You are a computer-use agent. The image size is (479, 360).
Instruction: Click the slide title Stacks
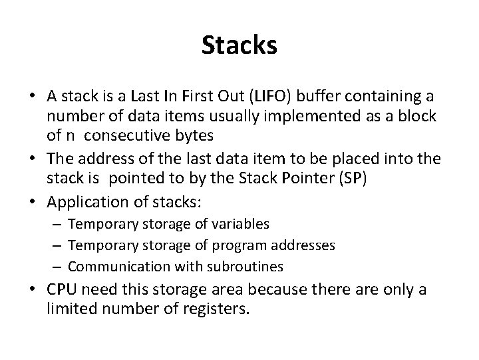pyautogui.click(x=239, y=46)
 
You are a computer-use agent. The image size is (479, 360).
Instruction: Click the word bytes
pyautogui.click(x=194, y=135)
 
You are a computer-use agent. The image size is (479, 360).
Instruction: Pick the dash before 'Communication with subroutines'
pyautogui.click(x=58, y=267)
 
